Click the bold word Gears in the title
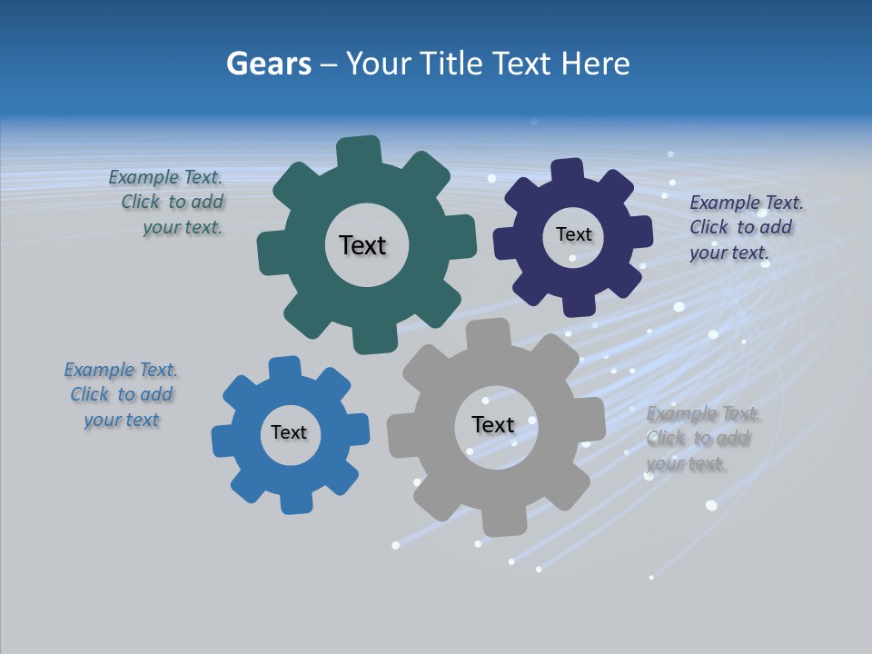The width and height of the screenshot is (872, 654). pos(268,64)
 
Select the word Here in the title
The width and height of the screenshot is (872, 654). pos(595,64)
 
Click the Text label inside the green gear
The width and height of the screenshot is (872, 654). pos(362,245)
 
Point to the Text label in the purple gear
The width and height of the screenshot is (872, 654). pos(573,234)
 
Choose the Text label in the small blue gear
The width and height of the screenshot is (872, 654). pos(289,432)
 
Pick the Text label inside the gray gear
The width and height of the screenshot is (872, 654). pos(493,424)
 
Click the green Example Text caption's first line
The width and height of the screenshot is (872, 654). pos(165,178)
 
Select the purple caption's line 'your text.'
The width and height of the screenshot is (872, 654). pos(729,253)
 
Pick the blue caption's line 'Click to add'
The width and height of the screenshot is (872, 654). pos(122,394)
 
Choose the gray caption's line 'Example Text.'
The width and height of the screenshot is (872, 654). pos(703,414)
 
